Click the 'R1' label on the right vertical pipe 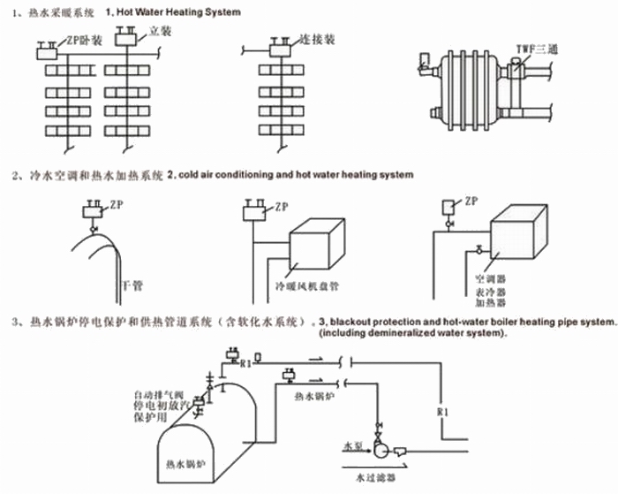[444, 411]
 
